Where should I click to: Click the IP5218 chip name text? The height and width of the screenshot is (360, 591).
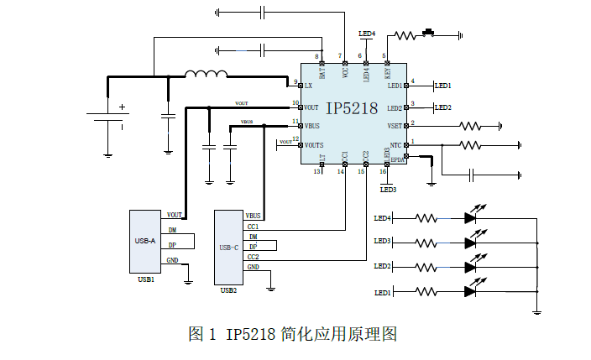point(352,109)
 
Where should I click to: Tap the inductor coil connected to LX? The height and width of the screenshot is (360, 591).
point(205,76)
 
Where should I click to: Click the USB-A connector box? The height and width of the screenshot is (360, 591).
point(146,241)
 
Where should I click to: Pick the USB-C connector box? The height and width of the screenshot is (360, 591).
point(229,248)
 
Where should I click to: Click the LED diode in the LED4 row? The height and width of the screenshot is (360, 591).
point(470,218)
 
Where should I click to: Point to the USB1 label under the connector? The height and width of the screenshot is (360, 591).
point(145,279)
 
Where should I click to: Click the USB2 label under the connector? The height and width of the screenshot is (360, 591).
point(228,290)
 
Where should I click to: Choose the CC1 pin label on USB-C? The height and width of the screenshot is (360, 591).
point(253,227)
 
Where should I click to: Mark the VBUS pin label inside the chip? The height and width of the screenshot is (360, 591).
point(312,126)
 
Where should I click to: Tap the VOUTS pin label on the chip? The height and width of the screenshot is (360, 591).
point(314,145)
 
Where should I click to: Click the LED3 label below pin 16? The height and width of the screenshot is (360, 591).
point(388,190)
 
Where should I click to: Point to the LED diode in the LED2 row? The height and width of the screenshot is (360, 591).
point(470,267)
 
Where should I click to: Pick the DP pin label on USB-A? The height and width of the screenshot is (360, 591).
point(172,246)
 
